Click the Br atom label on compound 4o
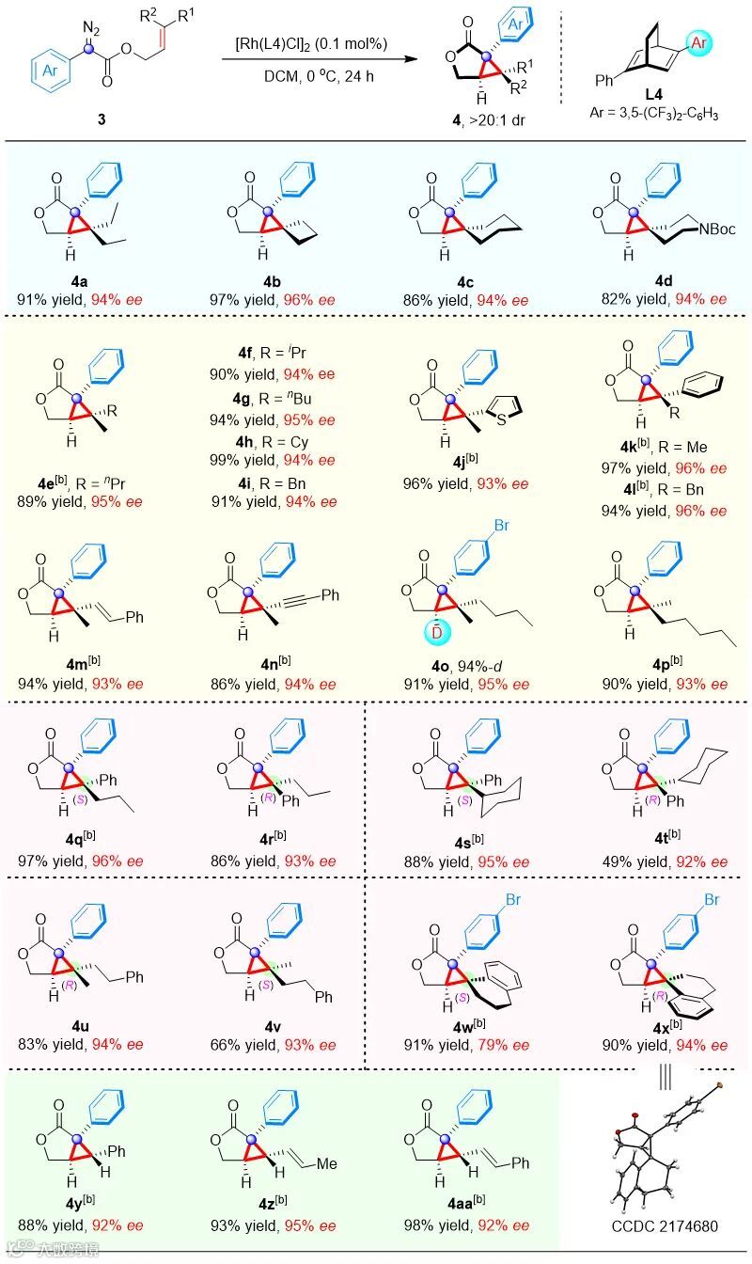501,525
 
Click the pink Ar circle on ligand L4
699,41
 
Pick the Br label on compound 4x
712,900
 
